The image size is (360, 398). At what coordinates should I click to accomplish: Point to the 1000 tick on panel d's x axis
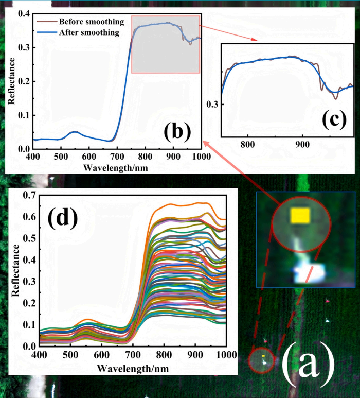click(225, 355)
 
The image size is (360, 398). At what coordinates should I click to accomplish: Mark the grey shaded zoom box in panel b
click(165, 44)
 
